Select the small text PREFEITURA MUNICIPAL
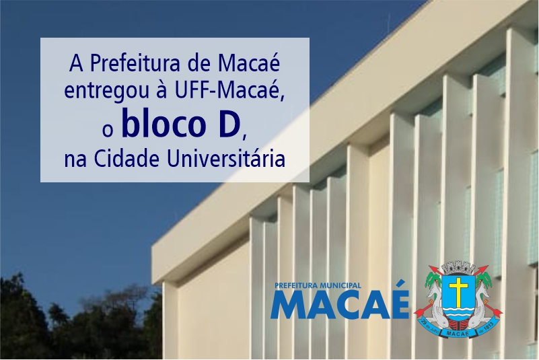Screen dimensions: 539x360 pos(318,285)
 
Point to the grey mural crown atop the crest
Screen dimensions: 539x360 pos(458,268)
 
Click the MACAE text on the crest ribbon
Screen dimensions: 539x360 pos(458,333)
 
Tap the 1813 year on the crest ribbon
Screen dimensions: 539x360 pos(488,325)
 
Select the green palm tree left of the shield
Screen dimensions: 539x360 pos(433,280)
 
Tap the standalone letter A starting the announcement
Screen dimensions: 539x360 pos(76,65)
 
